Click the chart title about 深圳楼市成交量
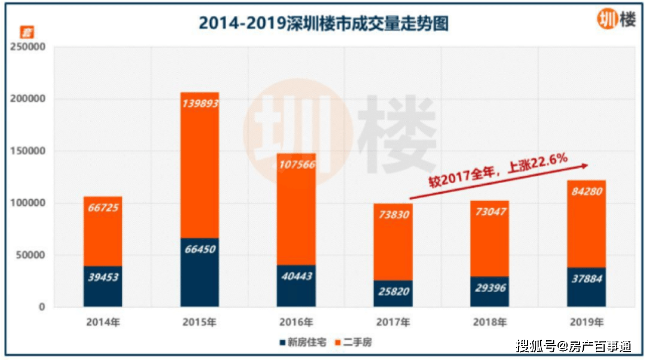point(324,23)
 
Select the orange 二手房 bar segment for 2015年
point(200,165)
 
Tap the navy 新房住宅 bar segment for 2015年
point(200,272)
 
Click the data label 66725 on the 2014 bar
point(103,208)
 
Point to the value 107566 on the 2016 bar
point(297,165)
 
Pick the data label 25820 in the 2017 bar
point(394,292)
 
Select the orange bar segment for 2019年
point(587,224)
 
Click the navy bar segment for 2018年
point(490,292)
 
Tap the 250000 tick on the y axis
point(28,47)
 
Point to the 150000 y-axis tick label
point(28,151)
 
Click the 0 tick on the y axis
point(42,307)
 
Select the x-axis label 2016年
point(296,322)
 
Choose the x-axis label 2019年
point(587,322)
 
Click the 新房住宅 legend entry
point(303,342)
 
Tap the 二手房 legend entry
point(354,342)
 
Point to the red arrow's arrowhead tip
point(588,165)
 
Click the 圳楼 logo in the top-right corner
point(617,19)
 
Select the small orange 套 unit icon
point(27,32)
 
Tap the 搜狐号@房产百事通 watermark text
point(574,346)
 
